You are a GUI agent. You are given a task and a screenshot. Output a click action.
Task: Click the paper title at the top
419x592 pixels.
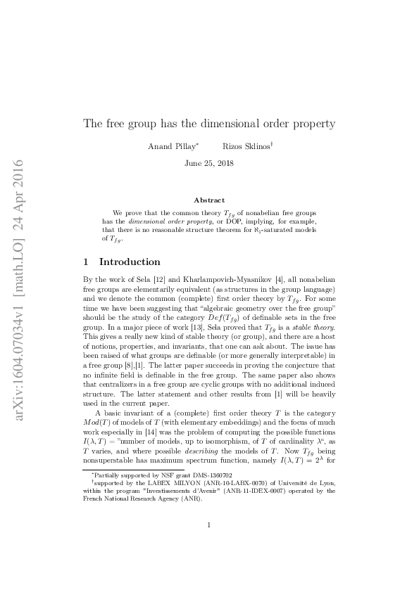coord(209,124)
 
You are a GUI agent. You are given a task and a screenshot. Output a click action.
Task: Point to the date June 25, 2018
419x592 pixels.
coord(209,163)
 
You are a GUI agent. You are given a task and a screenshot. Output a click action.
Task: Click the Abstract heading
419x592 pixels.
coord(209,200)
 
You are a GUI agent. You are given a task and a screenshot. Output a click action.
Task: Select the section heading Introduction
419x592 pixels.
coord(130,262)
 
